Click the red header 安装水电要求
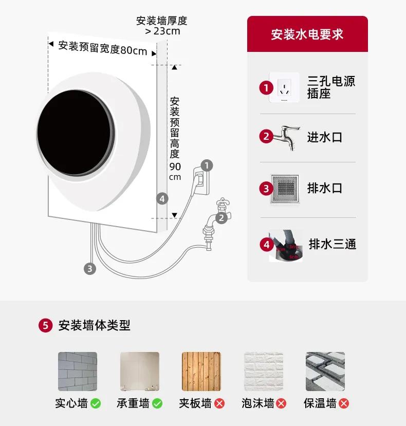coord(307,34)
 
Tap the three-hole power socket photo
coord(284,87)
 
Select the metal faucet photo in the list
coord(284,137)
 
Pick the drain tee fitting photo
coord(286,246)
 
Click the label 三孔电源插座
coord(331,87)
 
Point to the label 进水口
coord(324,137)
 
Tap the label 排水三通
coord(332,244)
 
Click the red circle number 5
coord(46,325)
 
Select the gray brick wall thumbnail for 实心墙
coord(77,372)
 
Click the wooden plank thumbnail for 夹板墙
coord(201,372)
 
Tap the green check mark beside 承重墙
coord(157,404)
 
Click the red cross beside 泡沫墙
coord(281,404)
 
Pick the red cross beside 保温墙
coord(344,404)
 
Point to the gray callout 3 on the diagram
coord(90,268)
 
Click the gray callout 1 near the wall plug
coord(207,165)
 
